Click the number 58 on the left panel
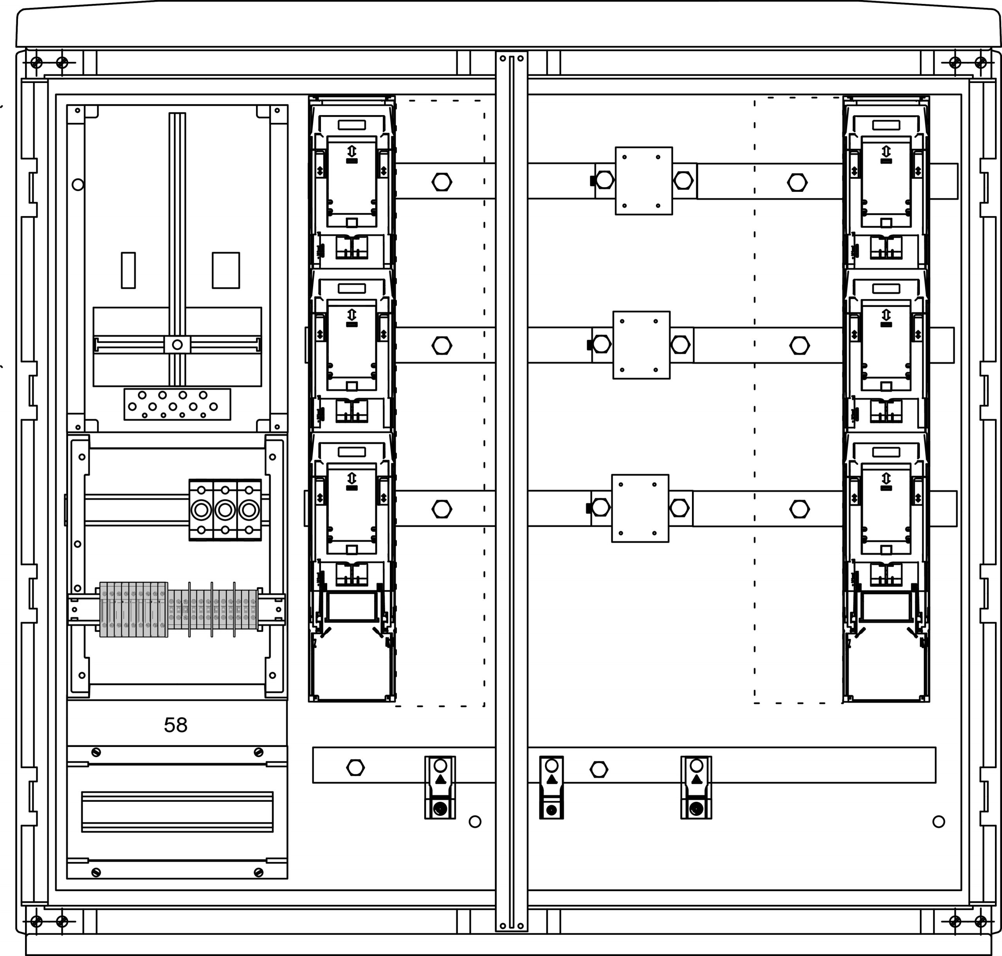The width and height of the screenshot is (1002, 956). [175, 725]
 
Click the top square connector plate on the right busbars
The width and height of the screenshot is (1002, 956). [644, 181]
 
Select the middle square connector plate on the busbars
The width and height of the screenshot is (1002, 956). [641, 345]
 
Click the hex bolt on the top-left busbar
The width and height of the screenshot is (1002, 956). [442, 182]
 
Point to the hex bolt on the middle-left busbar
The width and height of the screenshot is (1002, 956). [442, 346]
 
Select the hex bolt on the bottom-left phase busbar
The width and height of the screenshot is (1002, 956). [442, 509]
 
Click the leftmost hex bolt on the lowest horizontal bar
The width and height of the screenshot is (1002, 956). [355, 767]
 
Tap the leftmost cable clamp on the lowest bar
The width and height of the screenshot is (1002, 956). [440, 787]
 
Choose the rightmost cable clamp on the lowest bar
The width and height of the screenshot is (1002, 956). [696, 787]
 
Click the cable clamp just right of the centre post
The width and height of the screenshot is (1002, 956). [551, 787]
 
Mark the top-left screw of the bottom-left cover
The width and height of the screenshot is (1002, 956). [96, 752]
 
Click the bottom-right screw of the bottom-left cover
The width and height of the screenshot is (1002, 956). [258, 872]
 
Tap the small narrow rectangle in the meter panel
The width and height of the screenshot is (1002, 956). [128, 270]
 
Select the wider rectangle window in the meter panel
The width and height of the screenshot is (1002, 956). [226, 270]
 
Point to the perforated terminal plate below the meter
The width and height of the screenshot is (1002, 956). [177, 405]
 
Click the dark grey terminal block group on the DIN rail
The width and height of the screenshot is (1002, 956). [133, 609]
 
